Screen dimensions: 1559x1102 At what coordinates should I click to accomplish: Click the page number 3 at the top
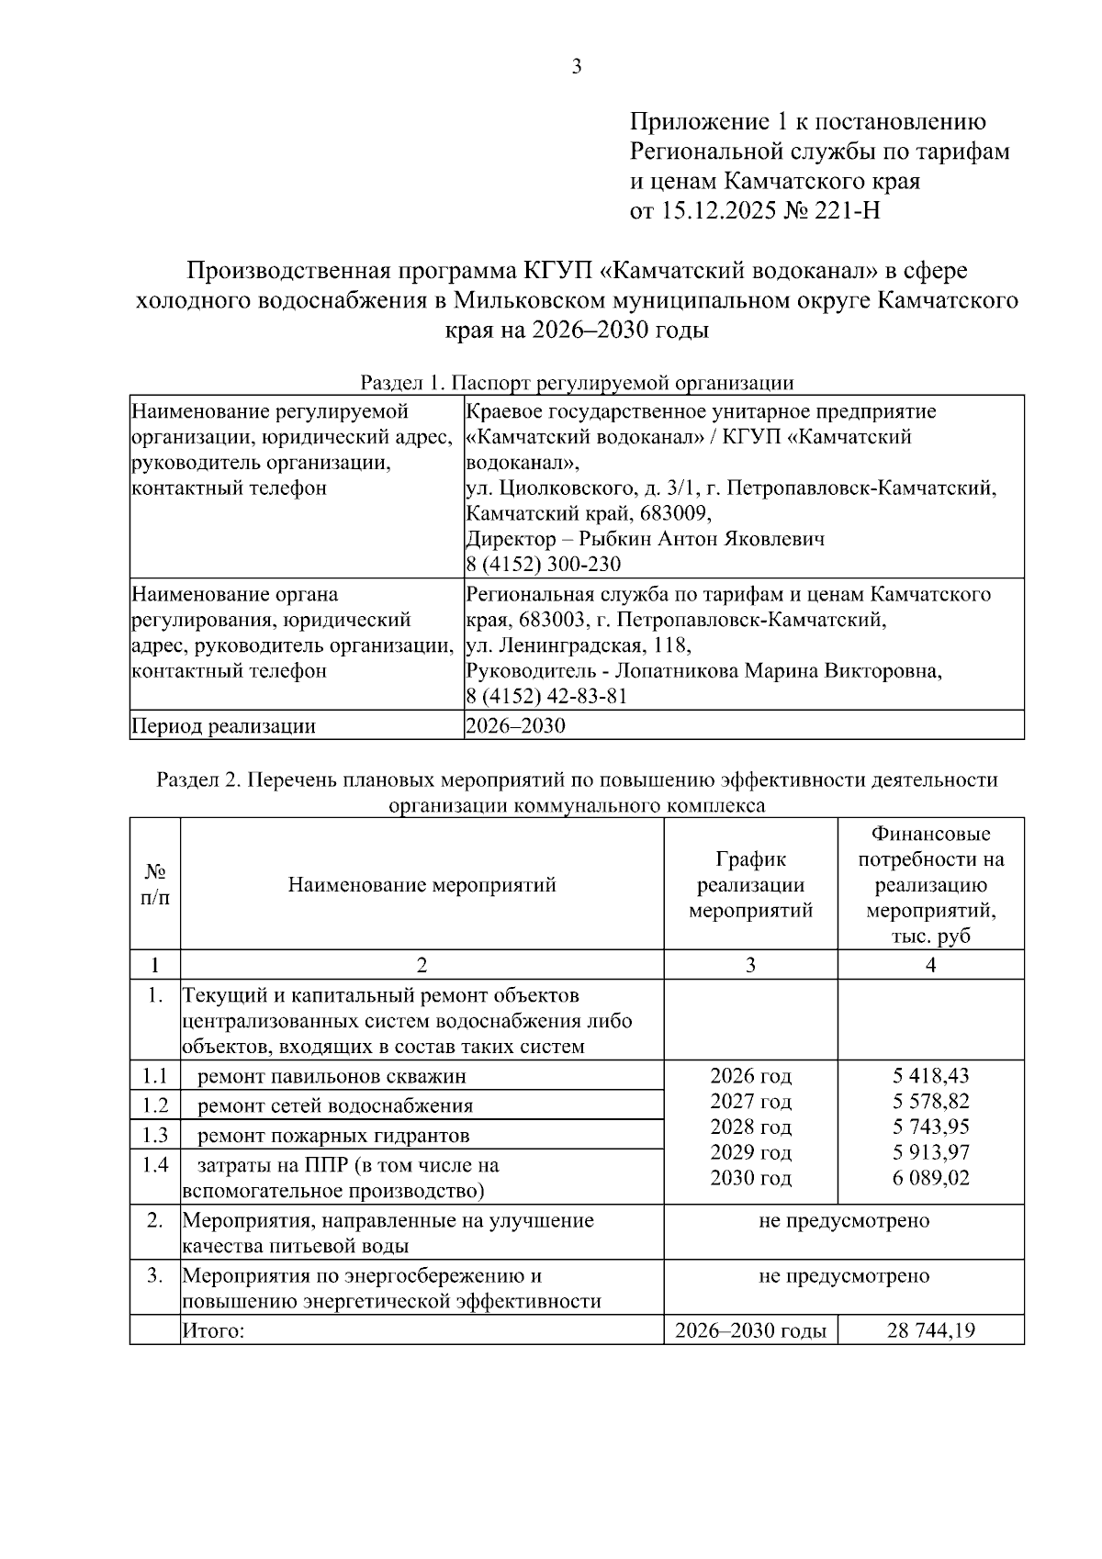tap(577, 66)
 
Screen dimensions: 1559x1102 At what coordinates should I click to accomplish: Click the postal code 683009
tap(678, 512)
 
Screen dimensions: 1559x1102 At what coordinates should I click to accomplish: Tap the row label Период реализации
tap(223, 726)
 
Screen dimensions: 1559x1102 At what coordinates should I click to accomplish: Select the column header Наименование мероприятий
tap(422, 885)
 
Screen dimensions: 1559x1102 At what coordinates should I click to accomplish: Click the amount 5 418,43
tap(930, 1075)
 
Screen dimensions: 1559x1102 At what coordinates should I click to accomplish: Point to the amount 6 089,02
tap(930, 1178)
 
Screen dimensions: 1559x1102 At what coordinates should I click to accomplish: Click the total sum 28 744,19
tap(930, 1330)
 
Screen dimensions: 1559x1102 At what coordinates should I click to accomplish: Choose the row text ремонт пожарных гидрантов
tap(333, 1136)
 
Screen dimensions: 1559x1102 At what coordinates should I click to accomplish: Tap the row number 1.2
tap(155, 1105)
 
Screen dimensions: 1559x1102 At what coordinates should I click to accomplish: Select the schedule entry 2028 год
tap(750, 1127)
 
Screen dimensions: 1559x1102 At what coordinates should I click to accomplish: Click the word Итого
tap(213, 1330)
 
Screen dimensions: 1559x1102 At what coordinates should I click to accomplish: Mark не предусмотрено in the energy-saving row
tap(843, 1275)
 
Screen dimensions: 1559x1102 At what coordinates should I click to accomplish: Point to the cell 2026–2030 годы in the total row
tap(750, 1330)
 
